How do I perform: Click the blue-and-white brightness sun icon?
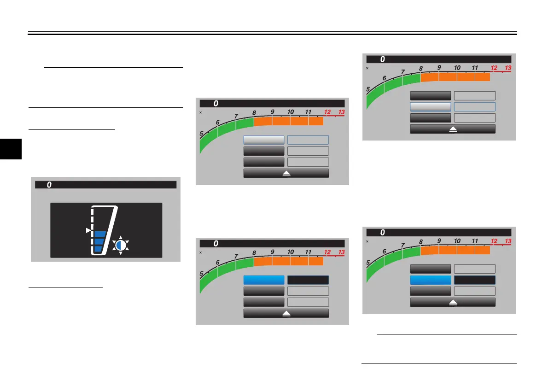click(x=120, y=245)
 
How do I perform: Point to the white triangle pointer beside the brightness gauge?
click(x=88, y=230)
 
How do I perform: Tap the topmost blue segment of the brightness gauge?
click(x=100, y=234)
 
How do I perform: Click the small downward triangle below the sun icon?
click(x=120, y=253)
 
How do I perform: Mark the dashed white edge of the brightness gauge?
click(x=93, y=217)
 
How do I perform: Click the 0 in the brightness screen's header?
click(x=49, y=185)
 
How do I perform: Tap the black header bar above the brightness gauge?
click(x=106, y=185)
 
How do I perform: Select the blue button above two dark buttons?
click(x=263, y=280)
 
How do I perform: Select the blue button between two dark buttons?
click(x=430, y=280)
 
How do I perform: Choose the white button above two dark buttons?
click(x=263, y=140)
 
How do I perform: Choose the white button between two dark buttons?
click(x=430, y=106)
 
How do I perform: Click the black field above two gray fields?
click(x=308, y=280)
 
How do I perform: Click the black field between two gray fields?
click(x=475, y=280)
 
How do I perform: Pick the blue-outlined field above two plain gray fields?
click(x=308, y=140)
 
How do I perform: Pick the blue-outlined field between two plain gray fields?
click(x=475, y=106)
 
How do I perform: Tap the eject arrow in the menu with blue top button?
click(x=286, y=313)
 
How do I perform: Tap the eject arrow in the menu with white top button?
click(x=286, y=173)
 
